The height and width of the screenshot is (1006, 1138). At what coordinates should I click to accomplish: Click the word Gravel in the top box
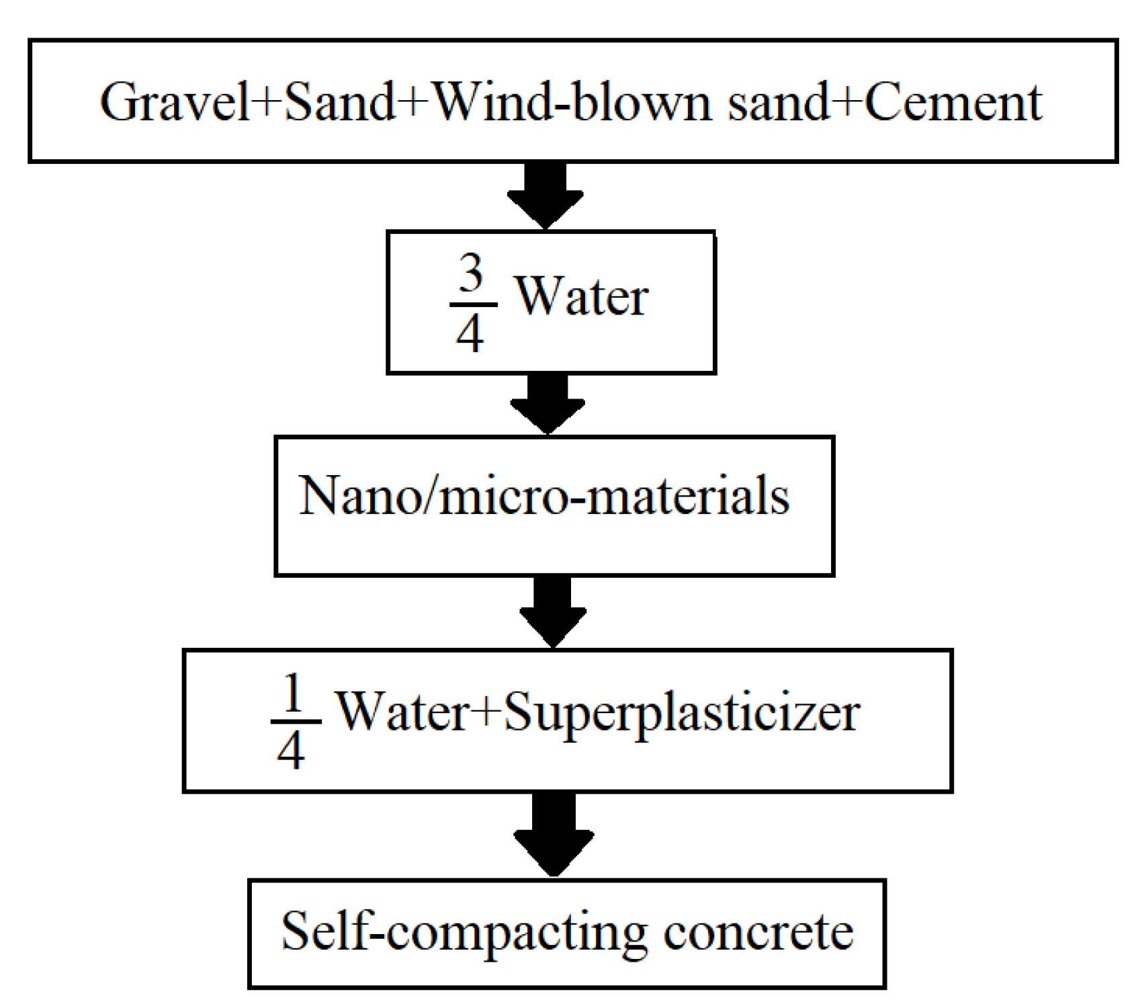click(175, 102)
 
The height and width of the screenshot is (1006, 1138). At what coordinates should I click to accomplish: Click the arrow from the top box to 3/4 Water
click(545, 196)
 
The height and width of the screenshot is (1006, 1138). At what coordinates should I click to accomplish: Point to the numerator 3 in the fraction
click(471, 274)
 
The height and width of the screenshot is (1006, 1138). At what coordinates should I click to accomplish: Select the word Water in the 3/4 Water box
click(581, 296)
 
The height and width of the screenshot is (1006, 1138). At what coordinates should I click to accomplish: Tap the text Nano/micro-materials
click(544, 496)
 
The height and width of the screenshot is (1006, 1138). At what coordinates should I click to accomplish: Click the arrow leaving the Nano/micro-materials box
click(553, 612)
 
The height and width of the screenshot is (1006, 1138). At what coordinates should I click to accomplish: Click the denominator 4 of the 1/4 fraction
click(291, 751)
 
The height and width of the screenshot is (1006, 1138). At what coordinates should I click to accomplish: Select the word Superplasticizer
click(681, 713)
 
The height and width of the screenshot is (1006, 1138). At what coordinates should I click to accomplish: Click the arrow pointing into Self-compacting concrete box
click(554, 834)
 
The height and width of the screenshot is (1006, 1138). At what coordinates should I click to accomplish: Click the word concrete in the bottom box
click(758, 932)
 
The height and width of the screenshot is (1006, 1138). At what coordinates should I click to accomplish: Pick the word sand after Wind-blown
click(779, 102)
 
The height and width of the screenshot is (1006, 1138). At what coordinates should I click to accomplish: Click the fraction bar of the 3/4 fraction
click(473, 304)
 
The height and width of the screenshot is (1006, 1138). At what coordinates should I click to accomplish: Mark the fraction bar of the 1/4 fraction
click(296, 722)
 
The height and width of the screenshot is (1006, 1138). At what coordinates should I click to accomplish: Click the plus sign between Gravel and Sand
click(269, 103)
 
